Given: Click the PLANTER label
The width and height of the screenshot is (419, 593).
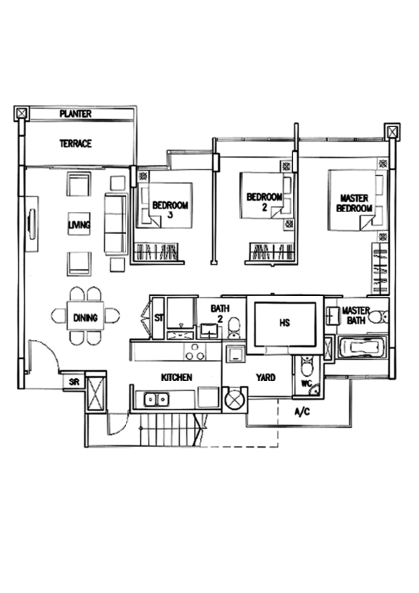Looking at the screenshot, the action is [76, 113].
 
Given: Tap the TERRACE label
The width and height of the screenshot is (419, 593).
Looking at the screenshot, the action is [76, 143].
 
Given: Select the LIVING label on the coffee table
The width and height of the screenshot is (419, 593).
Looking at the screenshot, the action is [79, 225].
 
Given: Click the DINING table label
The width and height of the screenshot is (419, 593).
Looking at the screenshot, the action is [85, 318].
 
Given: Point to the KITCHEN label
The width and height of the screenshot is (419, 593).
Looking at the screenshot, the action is [177, 378].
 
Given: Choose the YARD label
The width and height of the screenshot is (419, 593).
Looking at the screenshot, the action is [266, 378].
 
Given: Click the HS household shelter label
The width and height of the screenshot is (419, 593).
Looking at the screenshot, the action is [285, 323].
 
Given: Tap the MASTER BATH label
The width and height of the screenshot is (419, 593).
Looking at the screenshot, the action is [356, 316].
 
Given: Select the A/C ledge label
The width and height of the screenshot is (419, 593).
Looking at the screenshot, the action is [302, 412].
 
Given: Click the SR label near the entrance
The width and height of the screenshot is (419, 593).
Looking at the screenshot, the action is [74, 381].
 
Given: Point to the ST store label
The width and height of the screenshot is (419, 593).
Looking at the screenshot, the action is [159, 318].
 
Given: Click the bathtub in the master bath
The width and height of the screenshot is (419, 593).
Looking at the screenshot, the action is [363, 348].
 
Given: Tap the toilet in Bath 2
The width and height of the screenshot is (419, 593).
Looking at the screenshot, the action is [234, 327].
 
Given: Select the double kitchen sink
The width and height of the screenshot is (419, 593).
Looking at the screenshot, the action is [156, 399].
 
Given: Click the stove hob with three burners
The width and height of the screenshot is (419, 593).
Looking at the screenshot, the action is [195, 351].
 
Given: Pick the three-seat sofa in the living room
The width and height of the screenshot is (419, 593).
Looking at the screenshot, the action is [116, 223].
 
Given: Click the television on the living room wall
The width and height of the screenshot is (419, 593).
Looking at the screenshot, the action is [32, 224].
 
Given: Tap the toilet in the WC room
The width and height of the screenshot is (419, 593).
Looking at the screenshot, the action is [306, 366].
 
